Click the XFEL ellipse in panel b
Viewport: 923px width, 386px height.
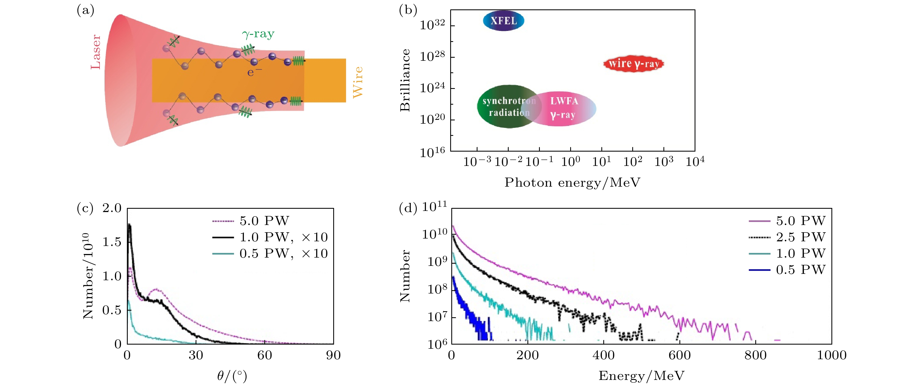tap(503, 21)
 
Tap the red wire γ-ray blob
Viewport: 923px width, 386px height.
tap(633, 64)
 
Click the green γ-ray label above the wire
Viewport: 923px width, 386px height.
tap(258, 34)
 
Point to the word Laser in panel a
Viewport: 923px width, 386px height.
tap(96, 52)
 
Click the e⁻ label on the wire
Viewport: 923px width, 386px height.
tap(254, 72)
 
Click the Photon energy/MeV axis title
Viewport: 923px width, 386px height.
tap(572, 183)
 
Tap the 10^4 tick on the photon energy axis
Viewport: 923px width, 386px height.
tap(695, 162)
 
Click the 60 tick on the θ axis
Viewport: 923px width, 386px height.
tap(265, 355)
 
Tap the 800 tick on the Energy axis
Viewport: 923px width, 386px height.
tap(755, 355)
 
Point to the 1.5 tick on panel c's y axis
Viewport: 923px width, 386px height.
tap(112, 242)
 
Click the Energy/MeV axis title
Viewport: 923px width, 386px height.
tap(641, 376)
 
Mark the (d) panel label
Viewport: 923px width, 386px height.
tap(408, 208)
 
